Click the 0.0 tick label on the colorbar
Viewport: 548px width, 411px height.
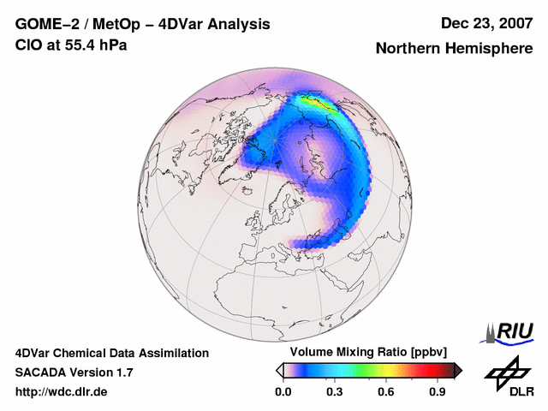[x=283, y=392]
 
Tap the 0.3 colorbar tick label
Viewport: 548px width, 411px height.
[x=334, y=392]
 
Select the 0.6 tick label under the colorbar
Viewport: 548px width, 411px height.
[x=386, y=392]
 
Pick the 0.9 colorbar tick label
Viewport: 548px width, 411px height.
[x=438, y=392]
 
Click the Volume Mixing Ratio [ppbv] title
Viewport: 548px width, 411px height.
[x=368, y=352]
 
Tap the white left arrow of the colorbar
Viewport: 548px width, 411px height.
[x=280, y=370]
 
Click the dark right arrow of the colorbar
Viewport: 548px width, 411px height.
[x=458, y=370]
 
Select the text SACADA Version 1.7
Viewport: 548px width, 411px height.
[x=74, y=372]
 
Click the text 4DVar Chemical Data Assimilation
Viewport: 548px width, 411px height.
[x=111, y=353]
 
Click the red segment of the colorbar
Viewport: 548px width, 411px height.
[x=428, y=370]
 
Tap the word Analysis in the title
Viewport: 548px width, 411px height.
[x=230, y=24]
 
